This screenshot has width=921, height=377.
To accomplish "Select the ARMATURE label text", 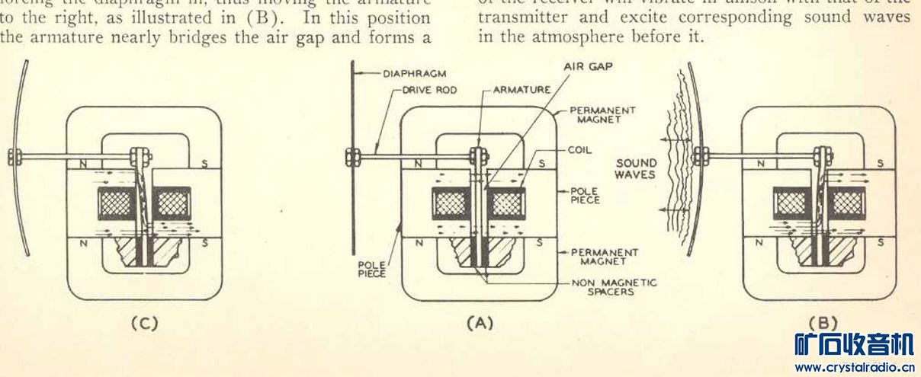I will click(521, 90).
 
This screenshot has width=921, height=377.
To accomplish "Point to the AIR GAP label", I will click(589, 66).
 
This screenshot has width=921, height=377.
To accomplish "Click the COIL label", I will click(579, 150).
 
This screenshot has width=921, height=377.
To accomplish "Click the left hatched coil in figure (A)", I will click(451, 203).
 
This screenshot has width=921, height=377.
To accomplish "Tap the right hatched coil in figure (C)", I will click(172, 203).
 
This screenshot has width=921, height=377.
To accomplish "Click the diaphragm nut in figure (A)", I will click(353, 157).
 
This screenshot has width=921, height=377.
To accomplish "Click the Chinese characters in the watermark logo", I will click(853, 344).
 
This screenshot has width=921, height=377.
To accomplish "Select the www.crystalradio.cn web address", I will click(853, 367).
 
